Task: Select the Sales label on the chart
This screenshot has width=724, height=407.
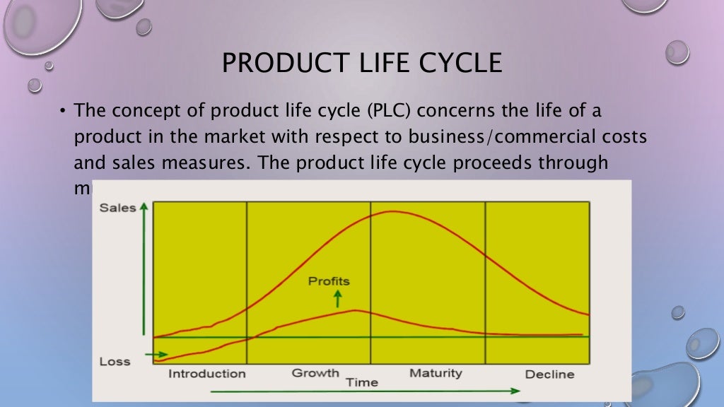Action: pyautogui.click(x=117, y=208)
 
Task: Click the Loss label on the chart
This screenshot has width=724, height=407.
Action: pyautogui.click(x=115, y=362)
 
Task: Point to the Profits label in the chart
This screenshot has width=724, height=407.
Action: pyautogui.click(x=329, y=281)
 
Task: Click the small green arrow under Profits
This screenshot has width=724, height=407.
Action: pyautogui.click(x=337, y=297)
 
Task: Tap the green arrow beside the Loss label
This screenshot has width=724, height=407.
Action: pyautogui.click(x=157, y=354)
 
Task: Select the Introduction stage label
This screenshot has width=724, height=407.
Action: pyautogui.click(x=206, y=374)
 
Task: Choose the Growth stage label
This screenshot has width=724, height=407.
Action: pyautogui.click(x=315, y=372)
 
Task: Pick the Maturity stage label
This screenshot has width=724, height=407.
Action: pyautogui.click(x=436, y=372)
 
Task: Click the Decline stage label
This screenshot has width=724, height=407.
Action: pyautogui.click(x=549, y=374)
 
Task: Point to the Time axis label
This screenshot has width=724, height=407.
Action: pyautogui.click(x=361, y=382)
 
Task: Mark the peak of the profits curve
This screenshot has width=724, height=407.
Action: pyautogui.click(x=354, y=310)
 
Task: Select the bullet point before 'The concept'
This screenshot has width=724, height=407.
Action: pyautogui.click(x=62, y=112)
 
